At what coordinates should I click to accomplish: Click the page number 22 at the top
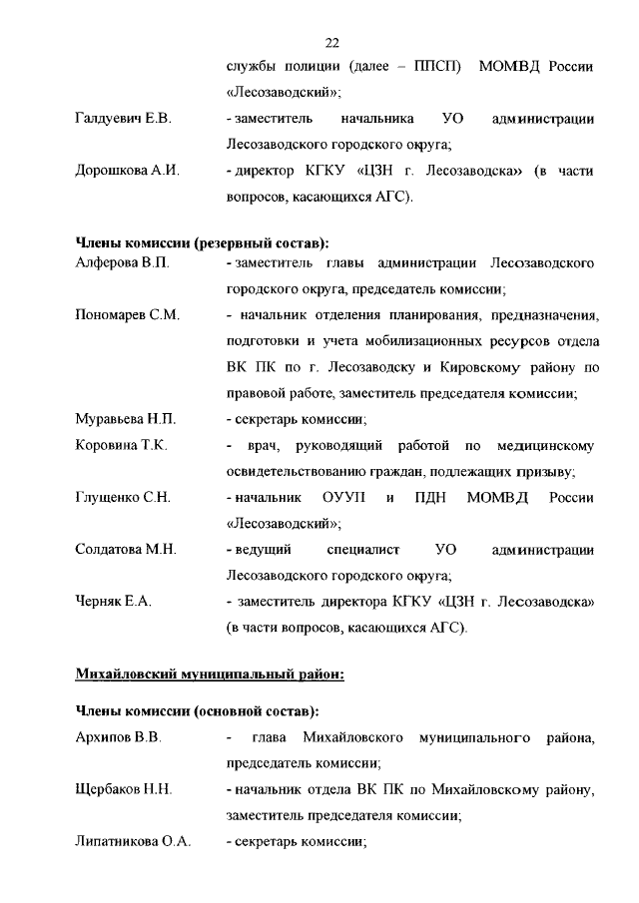(333, 42)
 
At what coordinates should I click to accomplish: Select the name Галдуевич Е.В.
(124, 120)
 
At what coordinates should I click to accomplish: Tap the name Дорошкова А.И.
(127, 172)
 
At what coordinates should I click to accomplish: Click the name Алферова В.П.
(123, 263)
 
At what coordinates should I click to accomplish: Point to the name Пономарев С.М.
(127, 315)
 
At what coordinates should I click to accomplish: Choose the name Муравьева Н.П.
(126, 419)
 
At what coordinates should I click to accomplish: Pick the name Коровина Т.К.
(121, 445)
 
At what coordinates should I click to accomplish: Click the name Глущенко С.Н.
(124, 497)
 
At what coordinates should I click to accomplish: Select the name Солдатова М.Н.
(126, 550)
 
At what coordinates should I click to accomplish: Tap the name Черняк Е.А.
(114, 602)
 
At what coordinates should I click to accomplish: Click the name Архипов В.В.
(119, 737)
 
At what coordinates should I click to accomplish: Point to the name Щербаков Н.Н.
(124, 789)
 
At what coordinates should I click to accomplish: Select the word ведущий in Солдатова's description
(262, 550)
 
